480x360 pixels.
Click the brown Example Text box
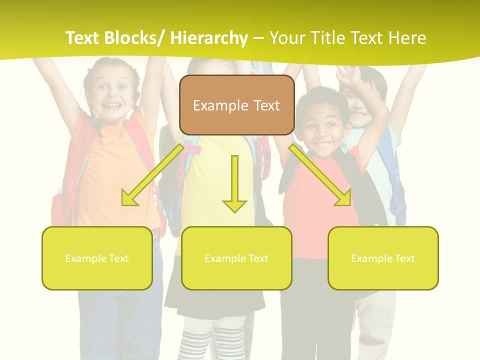click(x=236, y=105)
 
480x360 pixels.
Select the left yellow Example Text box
click(x=97, y=258)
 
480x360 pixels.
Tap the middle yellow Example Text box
click(x=236, y=258)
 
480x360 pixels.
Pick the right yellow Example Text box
click(x=383, y=258)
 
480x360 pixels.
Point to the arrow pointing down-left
click(x=152, y=175)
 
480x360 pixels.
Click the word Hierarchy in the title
click(x=209, y=38)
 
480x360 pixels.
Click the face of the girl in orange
click(x=114, y=95)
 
